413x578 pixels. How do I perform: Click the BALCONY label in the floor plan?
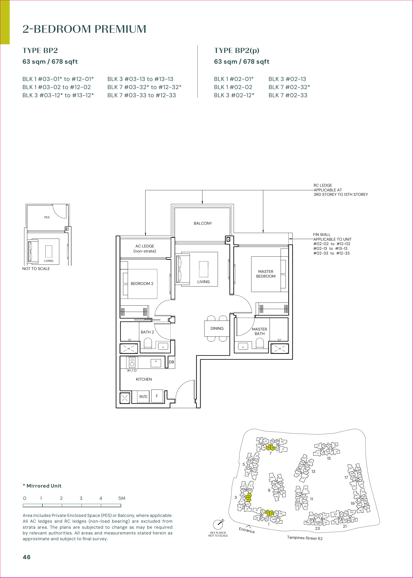click(x=203, y=223)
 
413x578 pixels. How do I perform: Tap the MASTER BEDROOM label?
click(x=266, y=274)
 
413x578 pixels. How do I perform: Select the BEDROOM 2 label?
click(x=142, y=284)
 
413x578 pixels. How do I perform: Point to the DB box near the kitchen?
click(x=171, y=362)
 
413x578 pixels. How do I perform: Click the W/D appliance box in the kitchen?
click(x=143, y=397)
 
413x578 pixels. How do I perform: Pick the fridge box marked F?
click(x=157, y=396)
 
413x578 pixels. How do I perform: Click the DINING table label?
click(x=217, y=328)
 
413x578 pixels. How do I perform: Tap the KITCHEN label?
click(x=144, y=379)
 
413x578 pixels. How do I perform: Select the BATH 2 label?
click(x=147, y=332)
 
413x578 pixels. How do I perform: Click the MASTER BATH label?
click(x=259, y=331)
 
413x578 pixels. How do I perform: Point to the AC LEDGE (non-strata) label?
click(x=145, y=249)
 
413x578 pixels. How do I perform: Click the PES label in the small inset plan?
click(x=47, y=217)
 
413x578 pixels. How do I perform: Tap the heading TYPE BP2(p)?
click(x=237, y=50)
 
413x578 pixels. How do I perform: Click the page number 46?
click(x=26, y=557)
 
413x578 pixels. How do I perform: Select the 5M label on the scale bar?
click(x=122, y=498)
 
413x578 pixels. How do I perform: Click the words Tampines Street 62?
click(x=305, y=538)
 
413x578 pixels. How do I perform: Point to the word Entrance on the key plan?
click(x=246, y=530)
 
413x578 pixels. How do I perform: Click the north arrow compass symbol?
click(x=218, y=524)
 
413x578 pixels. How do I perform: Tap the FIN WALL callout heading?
click(x=322, y=235)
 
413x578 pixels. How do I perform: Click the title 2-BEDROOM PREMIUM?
click(x=84, y=29)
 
